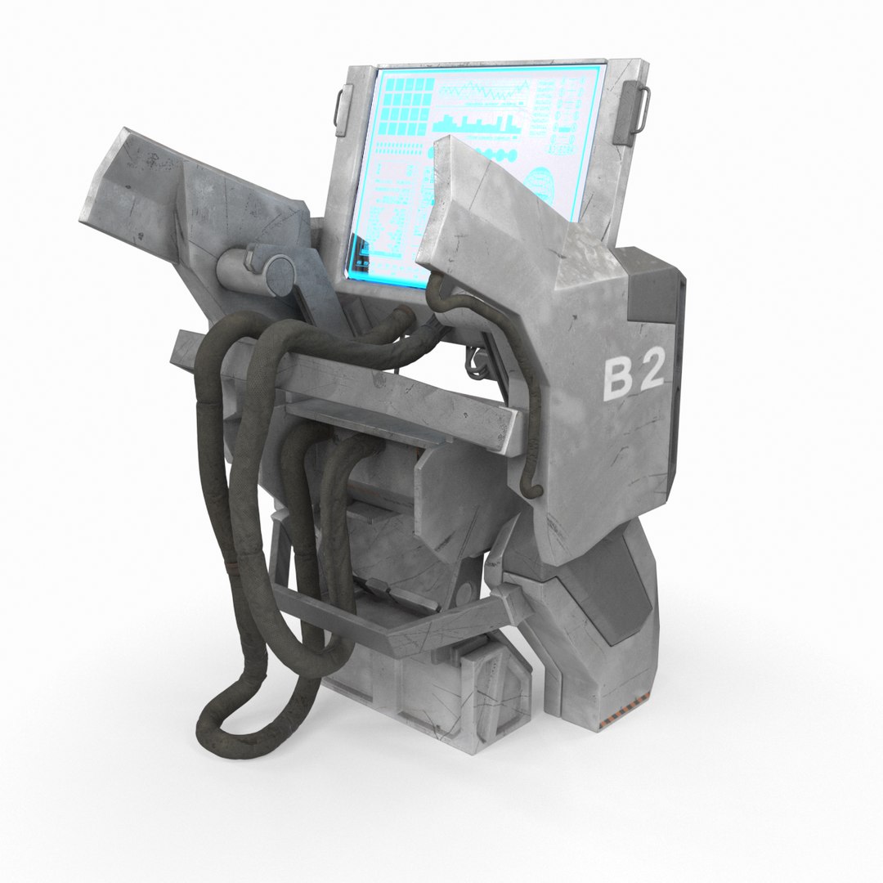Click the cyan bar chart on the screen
(x=477, y=125)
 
